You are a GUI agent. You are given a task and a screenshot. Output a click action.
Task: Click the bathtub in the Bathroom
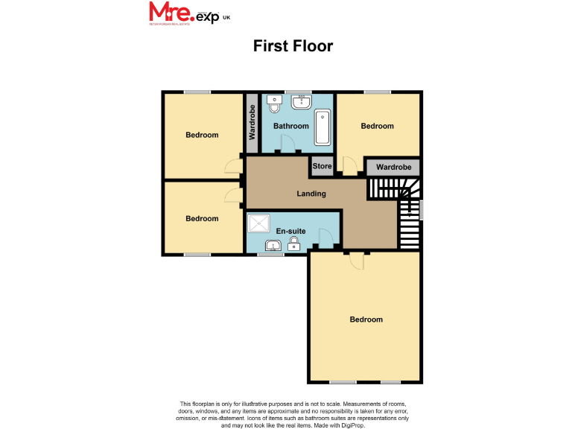point(323,127)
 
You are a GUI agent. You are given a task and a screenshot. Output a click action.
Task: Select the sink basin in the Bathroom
point(302,103)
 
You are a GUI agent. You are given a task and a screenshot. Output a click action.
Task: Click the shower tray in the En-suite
point(260,223)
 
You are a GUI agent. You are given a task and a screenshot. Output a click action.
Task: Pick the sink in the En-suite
point(270,244)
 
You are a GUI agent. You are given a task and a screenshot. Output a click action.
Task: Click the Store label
point(322,166)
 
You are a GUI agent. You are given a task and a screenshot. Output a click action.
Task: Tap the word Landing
point(311,194)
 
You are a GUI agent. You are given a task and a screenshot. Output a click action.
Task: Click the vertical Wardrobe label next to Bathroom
point(252,123)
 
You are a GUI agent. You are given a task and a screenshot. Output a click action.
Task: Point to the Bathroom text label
point(290,126)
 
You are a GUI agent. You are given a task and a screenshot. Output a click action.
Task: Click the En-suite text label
point(290,231)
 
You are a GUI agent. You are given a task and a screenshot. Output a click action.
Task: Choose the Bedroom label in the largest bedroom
point(366,320)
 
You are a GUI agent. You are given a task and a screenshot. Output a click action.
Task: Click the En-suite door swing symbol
point(325,238)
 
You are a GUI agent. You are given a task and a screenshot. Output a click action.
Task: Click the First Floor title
point(293,46)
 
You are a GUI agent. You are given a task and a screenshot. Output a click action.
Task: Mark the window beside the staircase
point(422,210)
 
